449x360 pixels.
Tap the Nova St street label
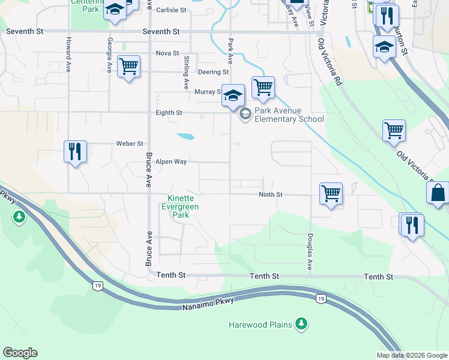click(x=167, y=53)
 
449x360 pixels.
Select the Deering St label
click(x=214, y=72)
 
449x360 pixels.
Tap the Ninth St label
click(x=270, y=195)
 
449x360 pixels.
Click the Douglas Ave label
click(x=310, y=251)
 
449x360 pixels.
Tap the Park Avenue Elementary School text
click(x=289, y=115)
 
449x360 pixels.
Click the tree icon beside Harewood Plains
click(x=301, y=325)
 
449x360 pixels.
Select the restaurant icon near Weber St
click(x=76, y=151)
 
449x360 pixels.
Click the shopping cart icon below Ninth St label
click(x=331, y=193)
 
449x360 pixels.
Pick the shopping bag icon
click(x=438, y=193)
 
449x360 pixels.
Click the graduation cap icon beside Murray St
click(x=233, y=95)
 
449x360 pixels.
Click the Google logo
click(x=20, y=353)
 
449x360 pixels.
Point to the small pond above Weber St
click(x=185, y=136)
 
